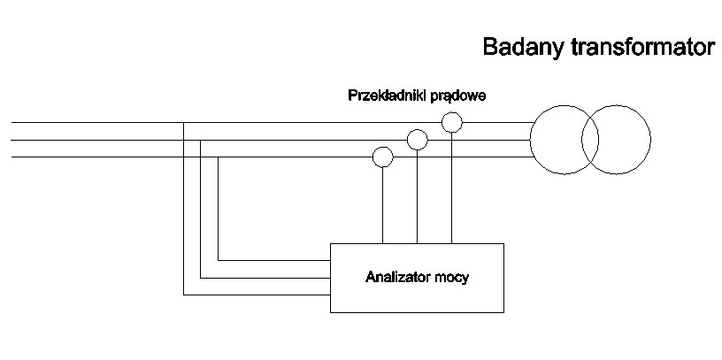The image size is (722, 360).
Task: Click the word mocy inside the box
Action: point(454,278)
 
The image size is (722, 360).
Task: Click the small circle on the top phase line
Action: point(452,122)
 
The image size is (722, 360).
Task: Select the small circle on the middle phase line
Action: point(417,139)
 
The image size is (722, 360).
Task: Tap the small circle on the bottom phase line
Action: point(382,157)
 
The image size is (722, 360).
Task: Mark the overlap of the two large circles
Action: point(590,139)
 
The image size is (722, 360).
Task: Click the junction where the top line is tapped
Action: point(183,122)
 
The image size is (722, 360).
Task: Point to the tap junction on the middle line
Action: point(201,139)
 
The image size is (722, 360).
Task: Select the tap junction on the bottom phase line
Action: point(218,157)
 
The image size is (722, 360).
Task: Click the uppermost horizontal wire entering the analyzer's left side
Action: point(274,260)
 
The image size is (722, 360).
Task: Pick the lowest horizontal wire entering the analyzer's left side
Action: point(257,295)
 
